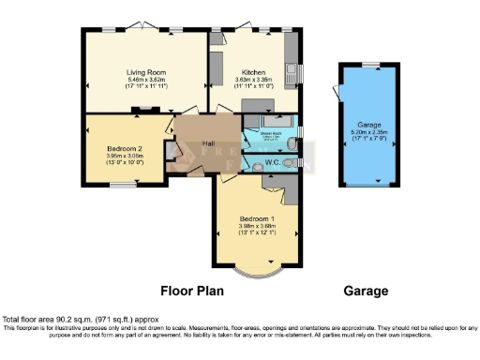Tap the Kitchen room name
click(x=254, y=72)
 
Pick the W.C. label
click(x=272, y=164)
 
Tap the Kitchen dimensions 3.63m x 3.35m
click(x=254, y=80)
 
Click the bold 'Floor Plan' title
click(x=191, y=291)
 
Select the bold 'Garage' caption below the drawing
click(x=366, y=291)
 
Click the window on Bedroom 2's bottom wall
click(x=122, y=184)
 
